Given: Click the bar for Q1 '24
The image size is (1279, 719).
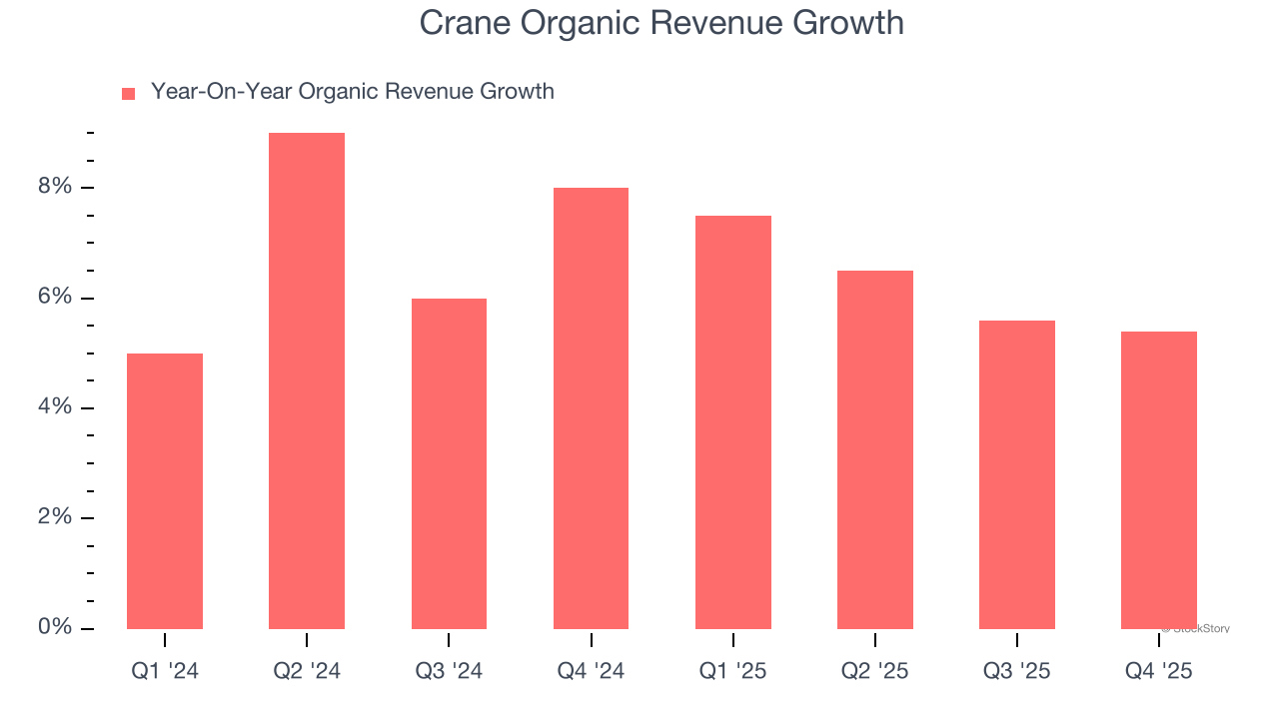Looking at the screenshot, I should (165, 491).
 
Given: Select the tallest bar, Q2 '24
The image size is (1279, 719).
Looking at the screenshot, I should (307, 380).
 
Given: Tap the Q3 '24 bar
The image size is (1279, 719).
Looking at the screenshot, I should (449, 463).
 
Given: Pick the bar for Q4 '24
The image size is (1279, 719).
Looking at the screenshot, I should (591, 408).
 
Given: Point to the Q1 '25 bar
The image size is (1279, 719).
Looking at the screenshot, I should (732, 422).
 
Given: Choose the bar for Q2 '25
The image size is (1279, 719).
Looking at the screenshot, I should (874, 449).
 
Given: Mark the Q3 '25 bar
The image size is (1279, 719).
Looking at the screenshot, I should (1016, 474).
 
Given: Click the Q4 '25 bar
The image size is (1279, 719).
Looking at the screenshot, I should (1158, 480).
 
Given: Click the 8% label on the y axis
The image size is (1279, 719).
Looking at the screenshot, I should (56, 187).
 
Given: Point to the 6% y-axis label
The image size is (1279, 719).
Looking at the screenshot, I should (56, 298).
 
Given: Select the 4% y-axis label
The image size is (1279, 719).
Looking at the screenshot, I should (56, 407).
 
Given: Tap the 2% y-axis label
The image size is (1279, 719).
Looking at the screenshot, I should (56, 517).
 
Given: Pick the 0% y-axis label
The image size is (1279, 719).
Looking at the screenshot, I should (56, 627).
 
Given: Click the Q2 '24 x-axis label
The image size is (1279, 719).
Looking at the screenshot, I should (307, 672).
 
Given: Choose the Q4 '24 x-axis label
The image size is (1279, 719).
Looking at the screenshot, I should (591, 672).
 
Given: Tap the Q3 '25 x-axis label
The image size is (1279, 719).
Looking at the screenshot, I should (1016, 672).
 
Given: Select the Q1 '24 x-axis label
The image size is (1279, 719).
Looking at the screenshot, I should (165, 672).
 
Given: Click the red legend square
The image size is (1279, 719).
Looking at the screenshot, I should (128, 94).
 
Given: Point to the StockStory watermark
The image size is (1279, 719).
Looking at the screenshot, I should (1196, 629).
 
